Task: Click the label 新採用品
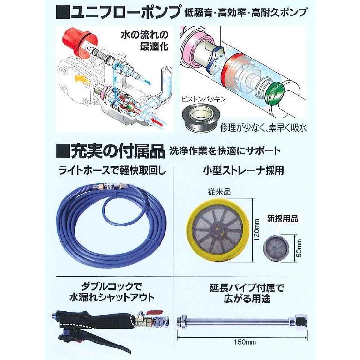pyautogui.click(x=284, y=218)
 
